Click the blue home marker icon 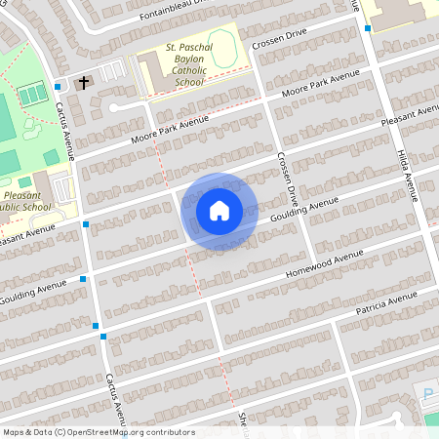click(x=219, y=211)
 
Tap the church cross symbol click(x=85, y=83)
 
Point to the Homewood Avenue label click(x=324, y=261)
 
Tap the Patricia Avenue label click(x=394, y=301)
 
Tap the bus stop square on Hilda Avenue click(x=368, y=28)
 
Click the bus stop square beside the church click(x=60, y=86)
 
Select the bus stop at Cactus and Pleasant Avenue click(x=87, y=225)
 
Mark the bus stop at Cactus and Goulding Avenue click(x=84, y=279)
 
